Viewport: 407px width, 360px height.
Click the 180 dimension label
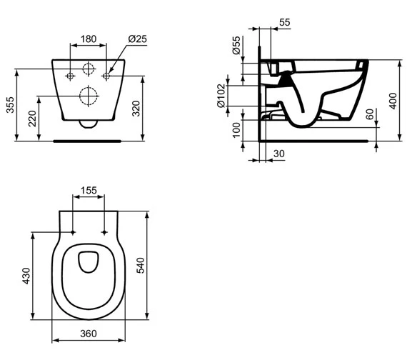coord(88,38)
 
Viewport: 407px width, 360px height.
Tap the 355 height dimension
coord(9,105)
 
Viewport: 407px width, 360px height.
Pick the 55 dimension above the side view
coord(284,23)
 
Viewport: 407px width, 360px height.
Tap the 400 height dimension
coord(392,100)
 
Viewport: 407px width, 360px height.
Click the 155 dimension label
coord(89,190)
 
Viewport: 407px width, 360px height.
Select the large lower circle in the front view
coord(89,95)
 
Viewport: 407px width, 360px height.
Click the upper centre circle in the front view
coord(89,70)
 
